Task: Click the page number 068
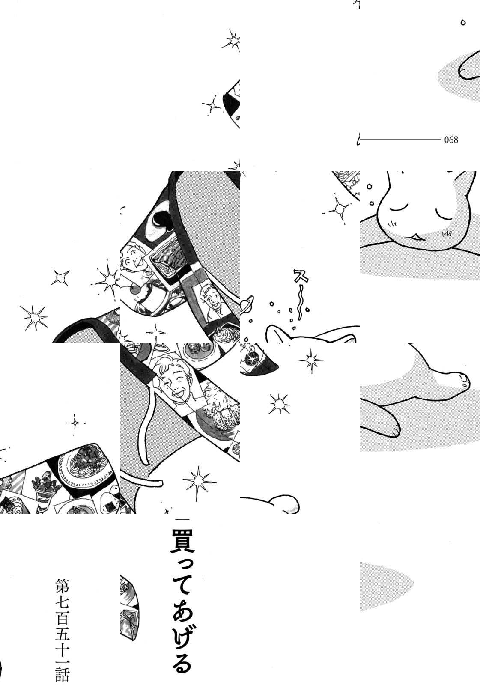(x=451, y=140)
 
